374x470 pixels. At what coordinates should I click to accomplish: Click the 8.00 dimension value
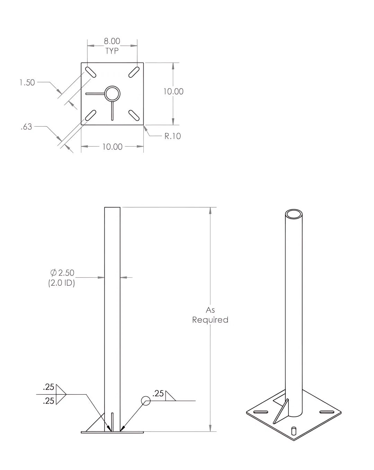[x=112, y=41]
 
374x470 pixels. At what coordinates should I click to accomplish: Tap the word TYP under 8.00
[x=112, y=51]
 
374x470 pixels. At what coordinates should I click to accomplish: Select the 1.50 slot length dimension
[x=27, y=83]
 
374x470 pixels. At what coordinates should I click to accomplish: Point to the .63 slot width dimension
[x=26, y=127]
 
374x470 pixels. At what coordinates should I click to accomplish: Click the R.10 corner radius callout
[x=172, y=136]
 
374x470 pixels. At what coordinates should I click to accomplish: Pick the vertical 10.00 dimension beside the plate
[x=173, y=92]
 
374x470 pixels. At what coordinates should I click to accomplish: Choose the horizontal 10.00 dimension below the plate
[x=112, y=147]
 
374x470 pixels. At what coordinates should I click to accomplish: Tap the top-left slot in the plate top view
[x=90, y=72]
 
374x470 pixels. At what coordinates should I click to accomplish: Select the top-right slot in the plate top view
[x=134, y=72]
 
